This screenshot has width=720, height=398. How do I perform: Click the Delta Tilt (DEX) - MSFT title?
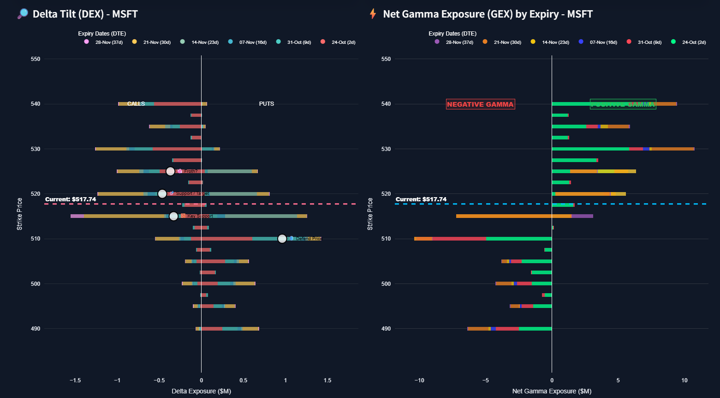85,14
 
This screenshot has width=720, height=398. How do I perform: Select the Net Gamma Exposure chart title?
488,14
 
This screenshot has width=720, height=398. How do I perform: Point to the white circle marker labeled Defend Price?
282,239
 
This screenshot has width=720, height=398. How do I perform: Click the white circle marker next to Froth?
170,171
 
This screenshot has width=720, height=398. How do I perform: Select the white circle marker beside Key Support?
173,216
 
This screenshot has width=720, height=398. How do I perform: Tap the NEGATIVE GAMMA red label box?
480,104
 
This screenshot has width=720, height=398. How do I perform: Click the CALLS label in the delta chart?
136,104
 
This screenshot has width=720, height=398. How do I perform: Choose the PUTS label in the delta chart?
267,104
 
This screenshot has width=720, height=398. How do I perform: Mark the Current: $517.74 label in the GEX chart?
421,199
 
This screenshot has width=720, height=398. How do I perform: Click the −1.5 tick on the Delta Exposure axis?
75,380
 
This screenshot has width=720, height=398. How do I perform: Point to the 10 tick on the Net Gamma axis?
684,380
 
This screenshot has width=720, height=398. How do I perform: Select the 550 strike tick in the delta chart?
36,59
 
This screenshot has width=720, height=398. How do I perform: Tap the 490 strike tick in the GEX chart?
386,329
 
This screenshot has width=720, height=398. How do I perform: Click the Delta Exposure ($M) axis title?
201,391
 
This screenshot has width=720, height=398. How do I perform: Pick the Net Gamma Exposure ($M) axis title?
552,391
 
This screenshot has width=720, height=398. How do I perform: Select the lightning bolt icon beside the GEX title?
373,14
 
